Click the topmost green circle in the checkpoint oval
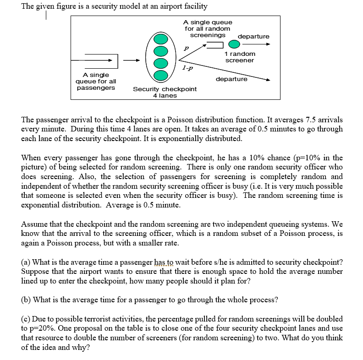coord(161,38)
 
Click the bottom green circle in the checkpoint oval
coord(161,73)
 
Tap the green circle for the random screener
coord(234,44)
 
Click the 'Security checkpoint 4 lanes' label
coord(165,92)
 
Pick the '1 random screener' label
coord(240,57)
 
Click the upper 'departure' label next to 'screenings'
coord(253,37)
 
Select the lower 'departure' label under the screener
coord(231,79)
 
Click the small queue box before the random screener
coord(215,44)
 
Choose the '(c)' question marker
coord(27,319)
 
